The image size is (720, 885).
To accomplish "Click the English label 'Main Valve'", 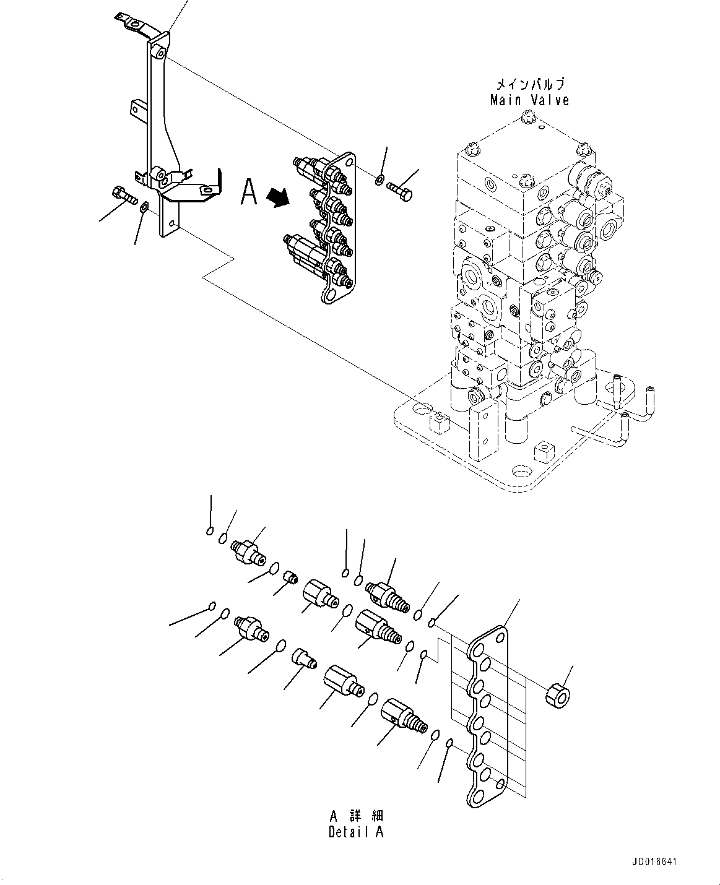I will click(529, 100).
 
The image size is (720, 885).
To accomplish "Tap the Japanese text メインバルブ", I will click(529, 84).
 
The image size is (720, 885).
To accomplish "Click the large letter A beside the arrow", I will click(249, 192).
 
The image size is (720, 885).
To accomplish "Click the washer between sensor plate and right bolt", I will click(378, 181).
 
